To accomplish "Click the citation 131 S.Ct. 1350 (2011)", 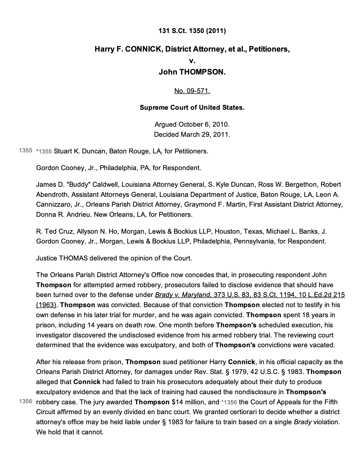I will click(x=192, y=31).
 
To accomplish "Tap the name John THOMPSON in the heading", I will click(x=192, y=72).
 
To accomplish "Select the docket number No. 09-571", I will click(x=192, y=91).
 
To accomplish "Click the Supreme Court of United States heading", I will click(x=192, y=108).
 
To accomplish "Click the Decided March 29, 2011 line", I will click(x=192, y=135).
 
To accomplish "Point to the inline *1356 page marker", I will click(x=229, y=402).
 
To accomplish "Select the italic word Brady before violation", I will click(x=302, y=422).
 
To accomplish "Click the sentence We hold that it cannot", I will click(x=70, y=432).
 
